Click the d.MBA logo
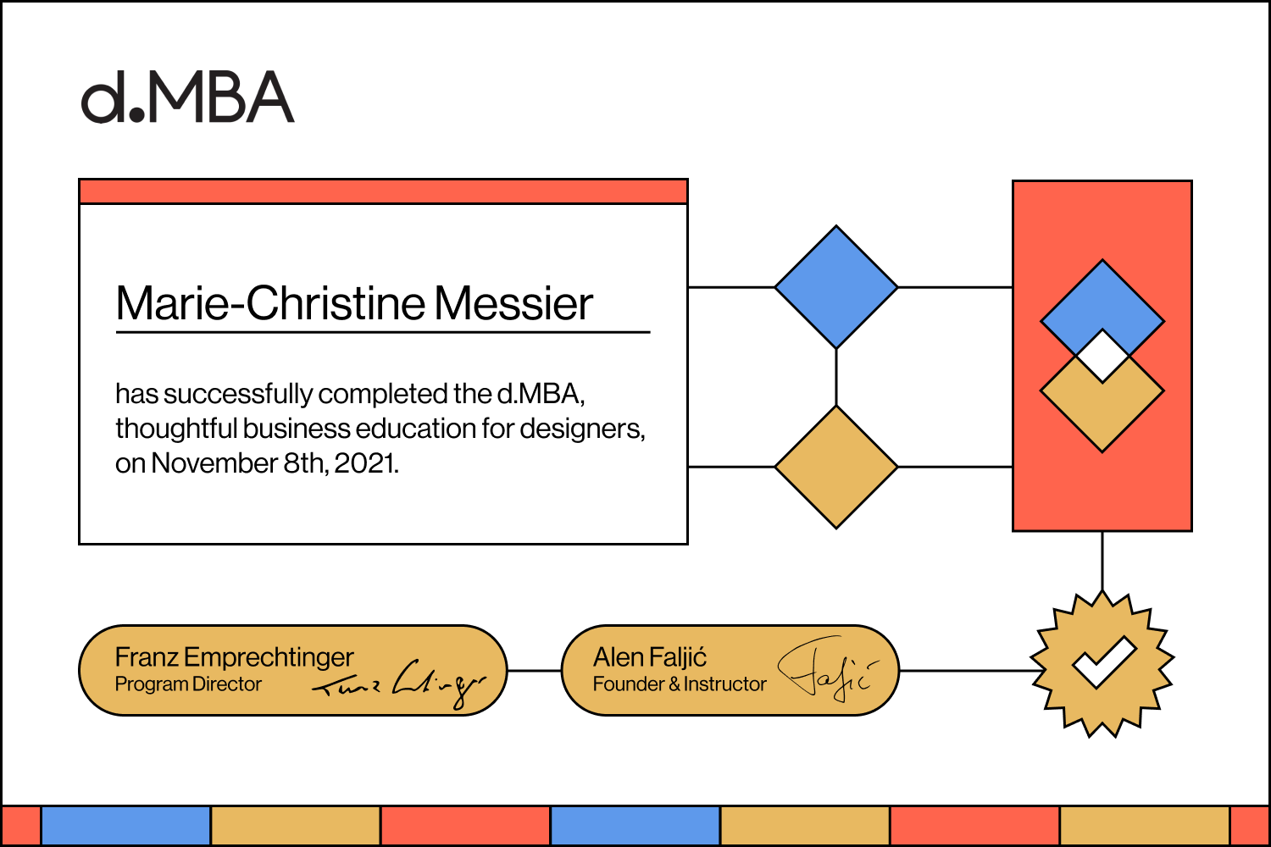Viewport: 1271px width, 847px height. coord(187,97)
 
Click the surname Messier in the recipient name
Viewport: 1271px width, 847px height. coord(513,303)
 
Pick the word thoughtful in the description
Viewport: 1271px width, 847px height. coord(176,429)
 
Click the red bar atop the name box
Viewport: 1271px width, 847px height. coord(383,191)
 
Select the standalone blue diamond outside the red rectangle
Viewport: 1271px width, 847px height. coord(836,287)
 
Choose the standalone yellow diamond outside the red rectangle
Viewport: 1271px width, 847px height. coord(836,467)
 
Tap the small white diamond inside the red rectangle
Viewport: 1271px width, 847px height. coord(1102,356)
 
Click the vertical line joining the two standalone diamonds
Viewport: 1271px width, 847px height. coord(836,378)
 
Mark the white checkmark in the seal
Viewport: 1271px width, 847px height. coord(1103,662)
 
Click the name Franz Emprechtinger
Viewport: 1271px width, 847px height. coord(234,657)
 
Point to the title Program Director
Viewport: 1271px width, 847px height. coord(188,684)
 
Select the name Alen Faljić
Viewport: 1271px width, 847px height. coord(650,657)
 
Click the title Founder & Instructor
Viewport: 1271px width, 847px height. coord(680,684)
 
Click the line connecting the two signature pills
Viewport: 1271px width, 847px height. coord(534,671)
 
